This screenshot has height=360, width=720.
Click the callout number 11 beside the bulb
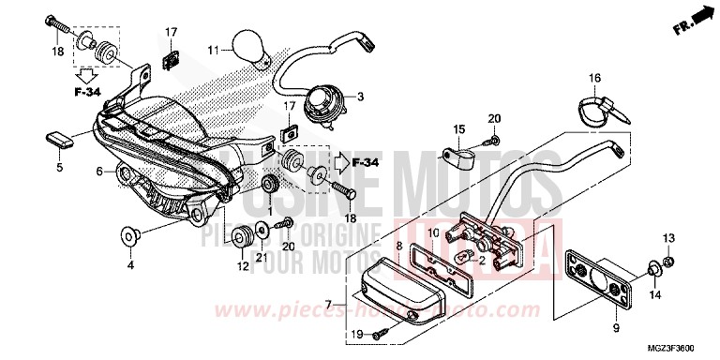tap(213, 50)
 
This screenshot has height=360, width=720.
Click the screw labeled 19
tap(380, 335)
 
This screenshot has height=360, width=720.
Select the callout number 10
tap(433, 232)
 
